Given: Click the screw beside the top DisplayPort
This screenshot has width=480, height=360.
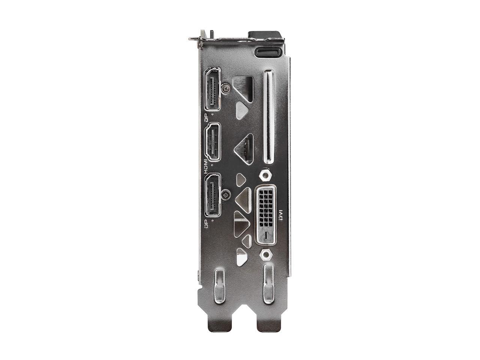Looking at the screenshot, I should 225,88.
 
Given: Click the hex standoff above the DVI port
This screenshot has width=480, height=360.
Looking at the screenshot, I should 265,175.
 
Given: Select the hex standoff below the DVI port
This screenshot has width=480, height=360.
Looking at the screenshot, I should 265,255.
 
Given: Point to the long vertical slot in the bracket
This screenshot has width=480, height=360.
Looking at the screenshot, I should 268,117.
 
